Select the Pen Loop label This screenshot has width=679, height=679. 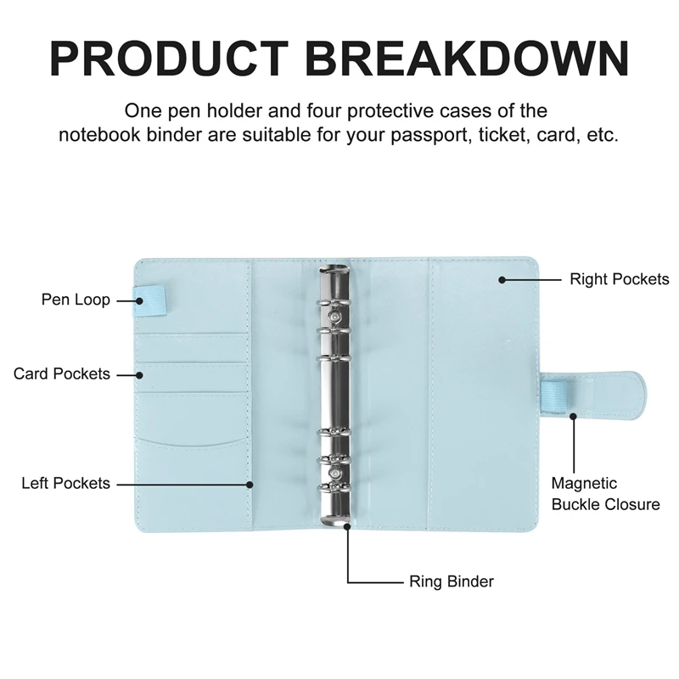76,300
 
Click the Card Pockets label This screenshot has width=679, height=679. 62,373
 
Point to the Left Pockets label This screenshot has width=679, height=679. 65,483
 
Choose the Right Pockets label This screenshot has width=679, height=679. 619,278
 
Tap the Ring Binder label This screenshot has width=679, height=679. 451,581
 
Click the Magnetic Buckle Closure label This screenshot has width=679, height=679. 605,493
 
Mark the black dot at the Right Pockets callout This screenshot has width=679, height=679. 502,278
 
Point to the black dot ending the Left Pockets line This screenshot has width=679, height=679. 250,484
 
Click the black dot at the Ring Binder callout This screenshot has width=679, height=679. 348,525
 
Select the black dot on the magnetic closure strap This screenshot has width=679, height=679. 575,416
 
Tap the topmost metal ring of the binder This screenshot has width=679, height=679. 334,280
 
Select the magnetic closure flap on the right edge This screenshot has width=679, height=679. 593,399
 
